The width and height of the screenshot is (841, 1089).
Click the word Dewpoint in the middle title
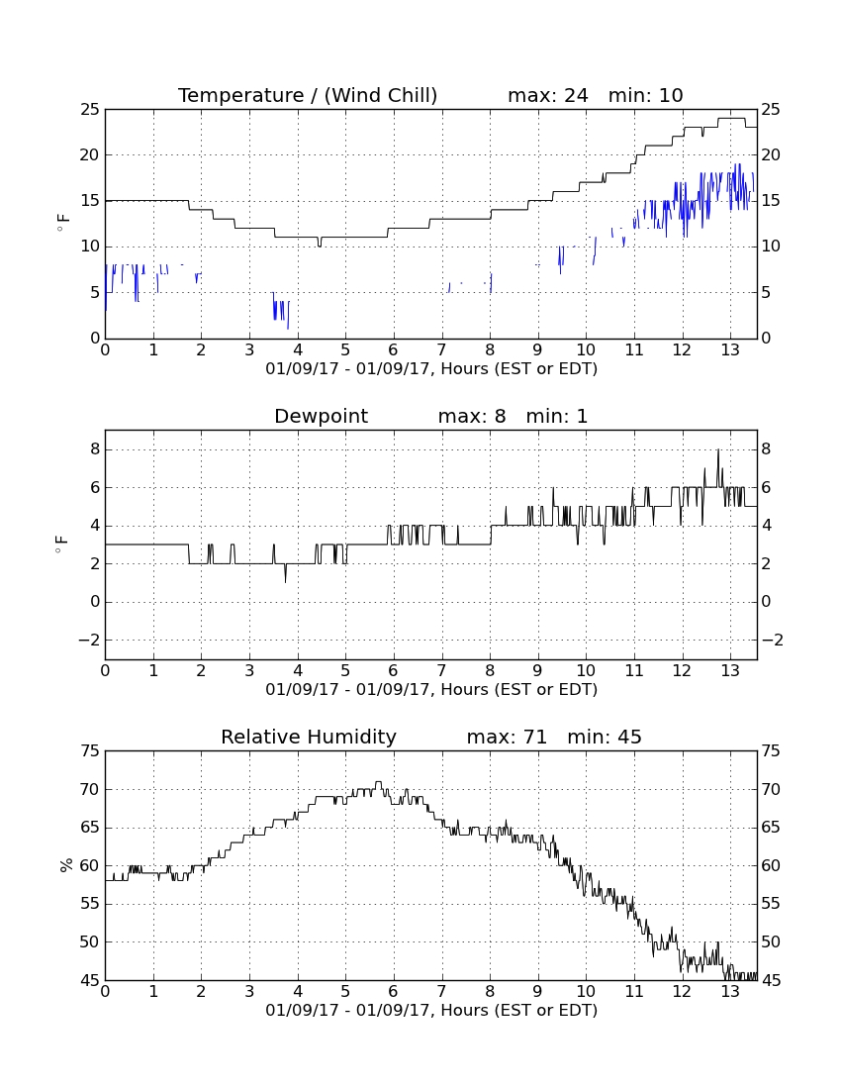pos(321,416)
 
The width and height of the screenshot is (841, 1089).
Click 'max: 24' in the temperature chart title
pos(547,95)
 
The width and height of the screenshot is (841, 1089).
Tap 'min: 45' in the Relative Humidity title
pos(605,737)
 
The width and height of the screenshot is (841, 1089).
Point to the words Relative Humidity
pos(308,737)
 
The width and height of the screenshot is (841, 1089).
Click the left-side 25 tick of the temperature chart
pos(90,109)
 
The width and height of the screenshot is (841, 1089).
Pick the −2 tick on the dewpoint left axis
pos(89,640)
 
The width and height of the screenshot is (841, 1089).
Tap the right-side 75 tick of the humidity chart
pos(771,750)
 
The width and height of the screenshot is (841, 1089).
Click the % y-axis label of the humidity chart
pos(66,864)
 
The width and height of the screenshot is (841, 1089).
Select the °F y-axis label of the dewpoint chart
pos(62,544)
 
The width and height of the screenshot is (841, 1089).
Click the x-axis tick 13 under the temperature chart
pos(730,349)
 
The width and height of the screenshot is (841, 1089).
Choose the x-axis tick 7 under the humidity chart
pos(441,991)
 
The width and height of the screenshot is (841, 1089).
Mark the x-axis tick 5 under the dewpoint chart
pos(345,670)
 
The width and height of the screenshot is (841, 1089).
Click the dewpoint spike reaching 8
pos(718,450)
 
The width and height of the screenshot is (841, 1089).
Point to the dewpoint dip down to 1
pos(285,580)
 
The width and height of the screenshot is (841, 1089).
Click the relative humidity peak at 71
pos(378,783)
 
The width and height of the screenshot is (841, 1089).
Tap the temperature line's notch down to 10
pos(320,246)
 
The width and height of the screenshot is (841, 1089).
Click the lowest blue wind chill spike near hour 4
pos(288,327)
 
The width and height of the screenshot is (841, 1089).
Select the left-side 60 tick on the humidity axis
pos(90,865)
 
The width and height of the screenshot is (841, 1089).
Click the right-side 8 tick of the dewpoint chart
pos(766,449)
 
